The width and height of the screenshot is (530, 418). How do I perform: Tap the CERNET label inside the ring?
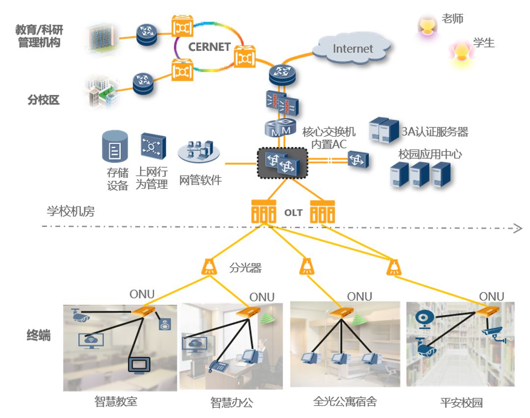tap(209, 47)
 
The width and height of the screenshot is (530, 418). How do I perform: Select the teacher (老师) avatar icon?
tap(427, 26)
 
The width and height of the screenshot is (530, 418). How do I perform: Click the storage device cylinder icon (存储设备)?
tap(115, 147)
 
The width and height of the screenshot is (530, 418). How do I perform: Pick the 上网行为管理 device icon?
tap(153, 146)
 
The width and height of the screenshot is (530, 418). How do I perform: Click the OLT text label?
tap(293, 213)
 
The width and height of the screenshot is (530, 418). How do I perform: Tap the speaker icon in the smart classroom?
tap(163, 324)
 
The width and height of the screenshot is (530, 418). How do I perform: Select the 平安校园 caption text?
tap(461, 403)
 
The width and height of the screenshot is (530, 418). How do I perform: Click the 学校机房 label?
tap(71, 212)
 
